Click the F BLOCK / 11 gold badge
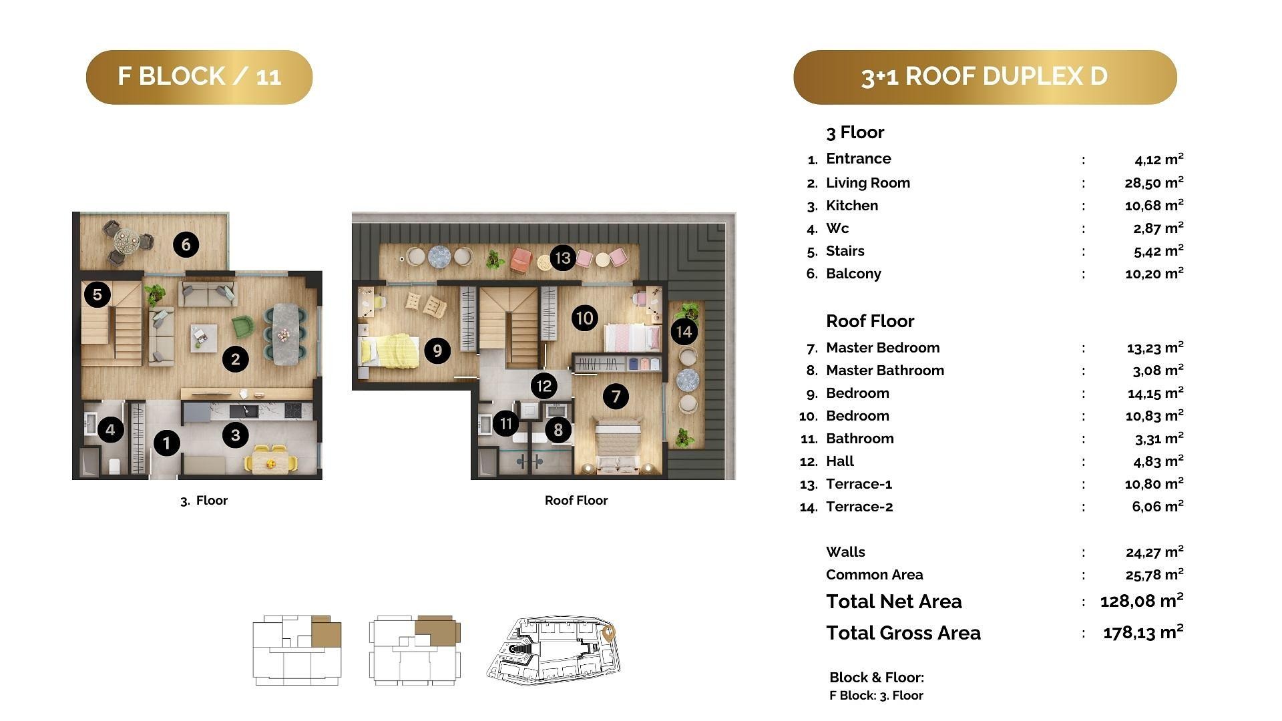(199, 77)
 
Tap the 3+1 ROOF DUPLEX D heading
(985, 77)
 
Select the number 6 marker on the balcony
(186, 245)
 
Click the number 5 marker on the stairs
(97, 294)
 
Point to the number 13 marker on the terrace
(563, 258)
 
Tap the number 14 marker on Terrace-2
(684, 331)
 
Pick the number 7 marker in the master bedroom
(616, 397)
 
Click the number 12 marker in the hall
(544, 385)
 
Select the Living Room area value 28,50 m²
(1154, 182)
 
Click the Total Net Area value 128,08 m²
(1142, 600)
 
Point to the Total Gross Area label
(903, 633)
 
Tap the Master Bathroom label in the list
(885, 371)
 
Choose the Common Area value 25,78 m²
(1154, 574)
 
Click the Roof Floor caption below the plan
(576, 501)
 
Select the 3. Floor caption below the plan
(204, 501)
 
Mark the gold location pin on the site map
(608, 634)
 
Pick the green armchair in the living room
(243, 326)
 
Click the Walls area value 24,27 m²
(1154, 551)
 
